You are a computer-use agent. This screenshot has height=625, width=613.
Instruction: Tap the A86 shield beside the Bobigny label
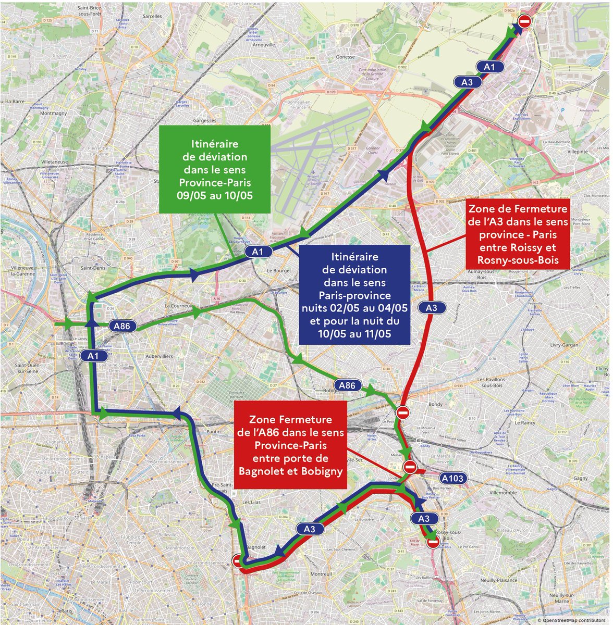(x=347, y=385)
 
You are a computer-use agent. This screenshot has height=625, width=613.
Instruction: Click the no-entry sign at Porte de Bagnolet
(x=238, y=560)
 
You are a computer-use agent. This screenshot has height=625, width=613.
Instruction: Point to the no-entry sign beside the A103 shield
(x=410, y=466)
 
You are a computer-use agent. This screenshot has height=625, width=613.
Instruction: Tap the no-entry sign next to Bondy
(x=402, y=413)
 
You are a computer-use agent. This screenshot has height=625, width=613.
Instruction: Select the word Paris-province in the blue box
(x=354, y=296)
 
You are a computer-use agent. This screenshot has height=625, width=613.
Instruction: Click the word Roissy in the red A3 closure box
(x=542, y=248)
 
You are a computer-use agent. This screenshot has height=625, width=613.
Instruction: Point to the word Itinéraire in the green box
(x=214, y=143)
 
